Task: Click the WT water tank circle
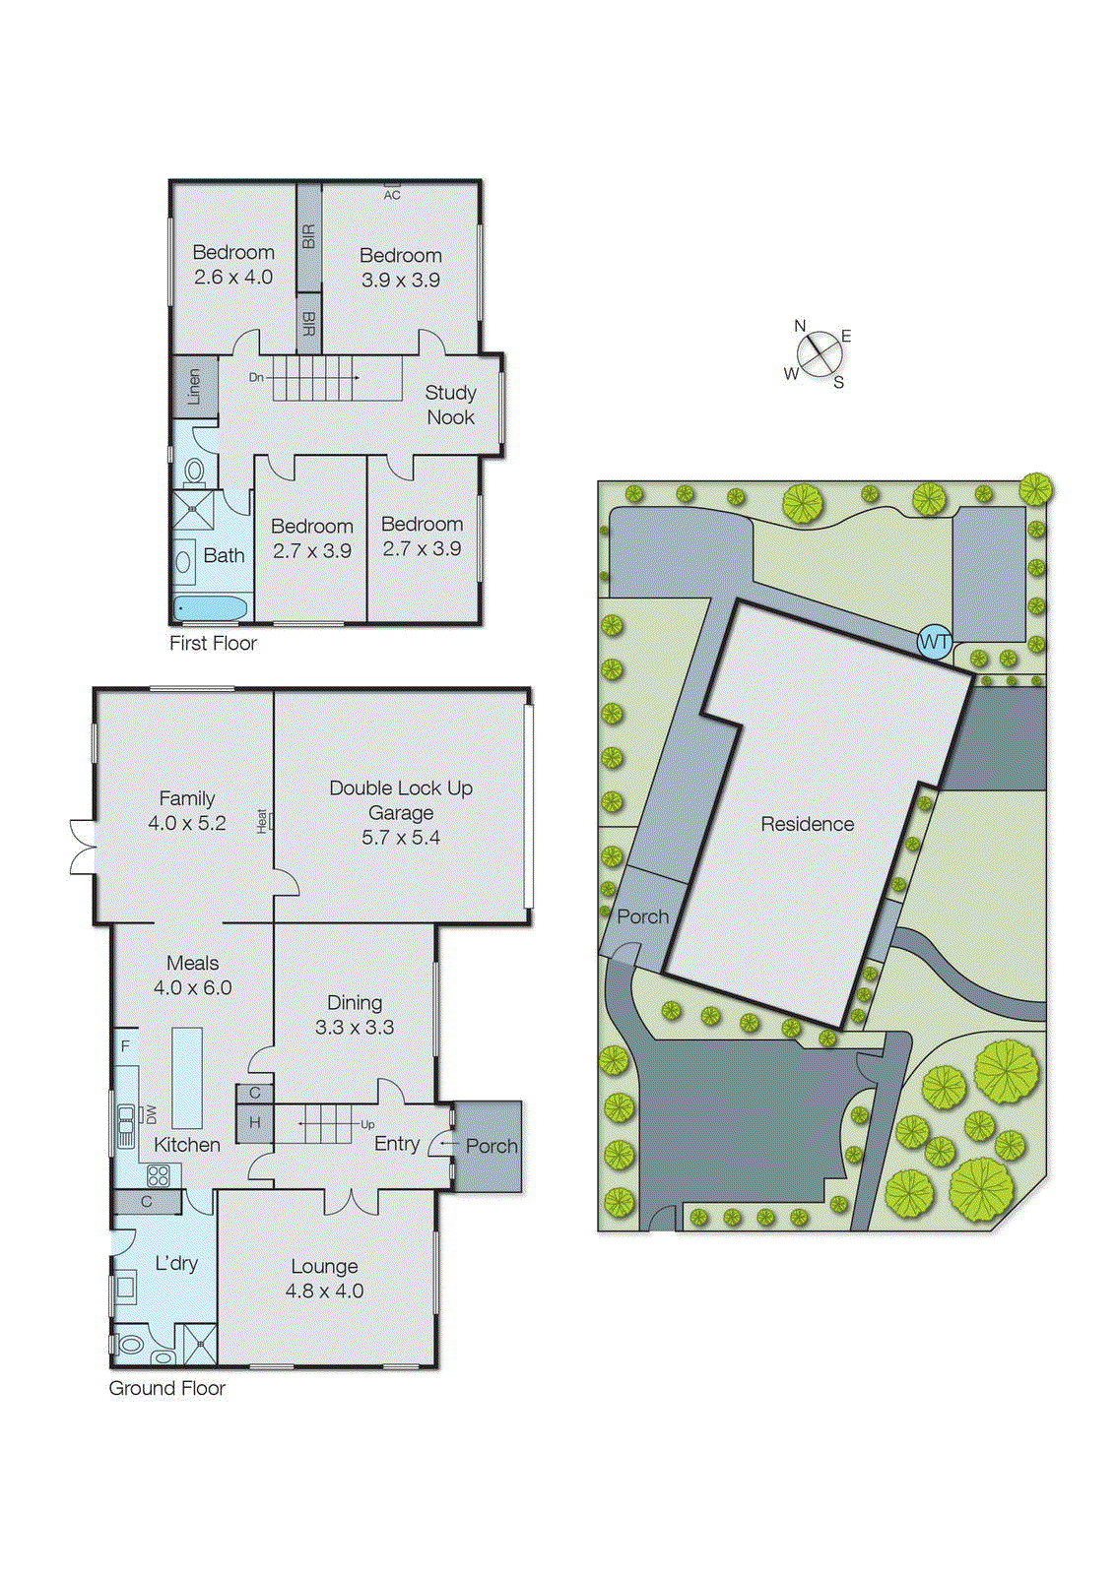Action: click(934, 643)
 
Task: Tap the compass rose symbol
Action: click(819, 354)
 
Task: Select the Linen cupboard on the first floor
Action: click(194, 386)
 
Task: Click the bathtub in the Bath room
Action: click(211, 607)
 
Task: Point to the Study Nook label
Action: click(450, 405)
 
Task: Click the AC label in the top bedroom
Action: click(392, 195)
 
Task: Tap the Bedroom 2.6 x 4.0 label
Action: click(233, 265)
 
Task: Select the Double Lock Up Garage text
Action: click(401, 800)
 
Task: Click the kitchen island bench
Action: click(187, 1078)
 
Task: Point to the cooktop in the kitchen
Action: click(159, 1174)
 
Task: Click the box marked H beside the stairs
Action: click(254, 1123)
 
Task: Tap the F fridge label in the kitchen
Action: click(125, 1046)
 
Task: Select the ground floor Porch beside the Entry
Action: click(490, 1147)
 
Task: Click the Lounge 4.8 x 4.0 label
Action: click(325, 1279)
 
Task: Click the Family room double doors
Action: click(83, 847)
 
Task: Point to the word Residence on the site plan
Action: click(807, 824)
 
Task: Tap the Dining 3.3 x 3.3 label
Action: click(355, 1015)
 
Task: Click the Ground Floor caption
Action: click(166, 1388)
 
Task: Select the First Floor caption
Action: click(213, 643)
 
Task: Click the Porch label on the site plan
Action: click(642, 916)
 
